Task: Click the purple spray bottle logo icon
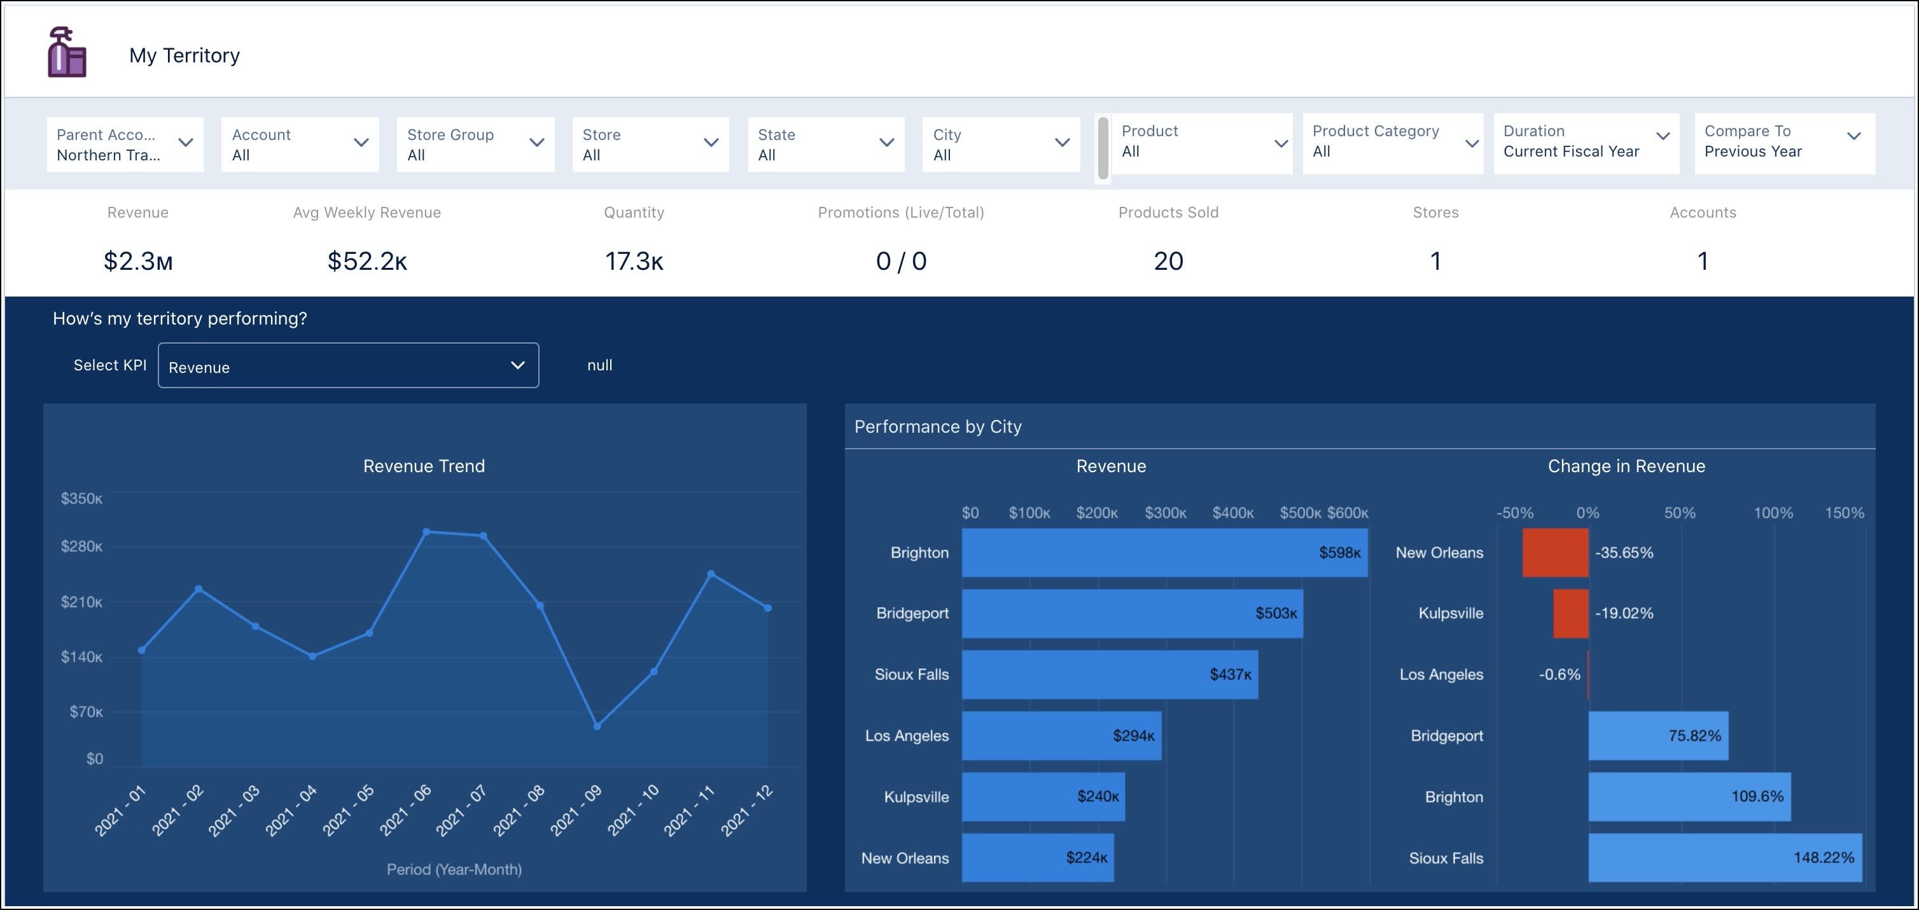(66, 52)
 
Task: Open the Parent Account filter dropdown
(125, 144)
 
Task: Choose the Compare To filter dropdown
(1783, 142)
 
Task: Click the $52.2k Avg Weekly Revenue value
(366, 261)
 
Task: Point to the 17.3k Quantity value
(633, 261)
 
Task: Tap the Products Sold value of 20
(1168, 261)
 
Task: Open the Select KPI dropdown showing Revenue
(348, 366)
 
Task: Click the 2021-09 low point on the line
(597, 726)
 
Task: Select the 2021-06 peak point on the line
(426, 531)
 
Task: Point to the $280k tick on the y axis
(81, 546)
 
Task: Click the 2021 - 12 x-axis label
(746, 811)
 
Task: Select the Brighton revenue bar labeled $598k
(1164, 552)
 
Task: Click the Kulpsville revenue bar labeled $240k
(1042, 797)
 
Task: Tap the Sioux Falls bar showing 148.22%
(1724, 858)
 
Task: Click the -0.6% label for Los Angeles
(1558, 675)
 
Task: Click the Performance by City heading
(937, 426)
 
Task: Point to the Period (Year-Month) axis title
(454, 869)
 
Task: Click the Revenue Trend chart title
(423, 466)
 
